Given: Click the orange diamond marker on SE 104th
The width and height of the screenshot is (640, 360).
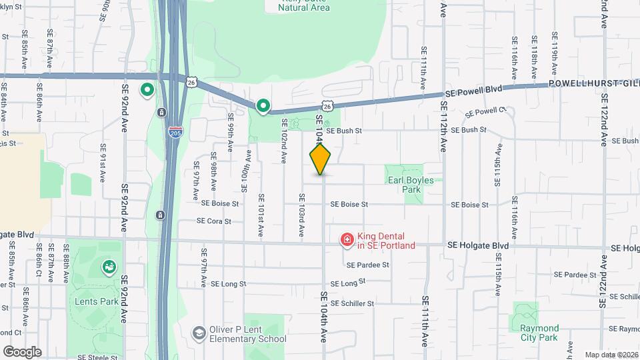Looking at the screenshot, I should [x=321, y=159].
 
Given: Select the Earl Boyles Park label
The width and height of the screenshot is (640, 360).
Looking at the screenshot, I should [x=409, y=185].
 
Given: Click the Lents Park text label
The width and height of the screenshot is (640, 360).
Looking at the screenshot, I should [x=96, y=301].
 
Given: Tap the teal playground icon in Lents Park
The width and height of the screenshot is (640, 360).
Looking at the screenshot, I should [x=108, y=267].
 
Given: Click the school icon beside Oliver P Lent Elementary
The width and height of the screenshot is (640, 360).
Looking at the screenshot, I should [x=198, y=333].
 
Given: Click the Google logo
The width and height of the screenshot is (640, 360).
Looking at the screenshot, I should [x=22, y=351].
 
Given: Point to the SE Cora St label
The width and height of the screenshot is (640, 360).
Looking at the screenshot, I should [x=214, y=221].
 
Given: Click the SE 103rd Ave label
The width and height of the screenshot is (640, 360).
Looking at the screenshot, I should [x=301, y=215].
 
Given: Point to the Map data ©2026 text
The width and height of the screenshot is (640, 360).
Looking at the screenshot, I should [x=611, y=355].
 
